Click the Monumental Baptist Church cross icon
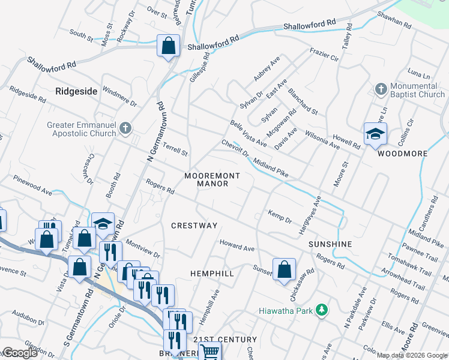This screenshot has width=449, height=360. (380, 89)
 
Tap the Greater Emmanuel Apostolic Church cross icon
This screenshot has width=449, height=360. (125, 128)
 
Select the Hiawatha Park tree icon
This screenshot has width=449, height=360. (322, 310)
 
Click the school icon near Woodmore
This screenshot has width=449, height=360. (375, 134)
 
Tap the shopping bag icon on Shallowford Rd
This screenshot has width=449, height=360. (169, 46)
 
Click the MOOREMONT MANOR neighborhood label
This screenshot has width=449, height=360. (212, 179)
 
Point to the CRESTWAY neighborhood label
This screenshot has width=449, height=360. (194, 226)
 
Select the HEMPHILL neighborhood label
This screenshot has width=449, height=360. (212, 273)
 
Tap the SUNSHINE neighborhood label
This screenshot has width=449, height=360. (330, 244)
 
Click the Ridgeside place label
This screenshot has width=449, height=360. (76, 91)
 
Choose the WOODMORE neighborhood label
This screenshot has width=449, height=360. (402, 154)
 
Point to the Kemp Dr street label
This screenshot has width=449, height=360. (280, 217)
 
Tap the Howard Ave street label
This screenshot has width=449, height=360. (237, 246)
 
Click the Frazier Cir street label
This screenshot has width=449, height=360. (324, 55)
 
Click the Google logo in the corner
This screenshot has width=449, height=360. (20, 353)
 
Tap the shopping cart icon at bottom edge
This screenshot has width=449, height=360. (209, 352)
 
